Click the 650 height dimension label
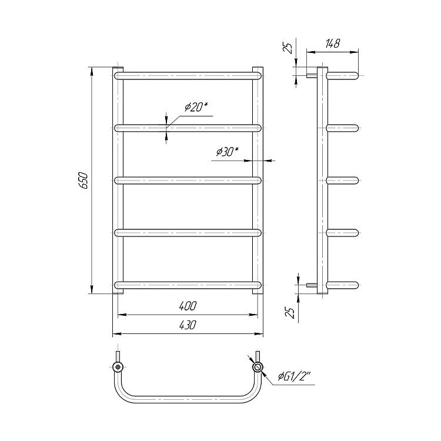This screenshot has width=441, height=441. (x=84, y=181)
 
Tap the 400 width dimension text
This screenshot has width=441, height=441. (x=188, y=306)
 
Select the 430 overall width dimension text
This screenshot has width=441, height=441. (x=188, y=325)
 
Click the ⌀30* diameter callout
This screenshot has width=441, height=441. (x=227, y=152)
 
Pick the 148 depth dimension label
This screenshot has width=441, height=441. (x=333, y=44)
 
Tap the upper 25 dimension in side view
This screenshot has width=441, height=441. (x=288, y=48)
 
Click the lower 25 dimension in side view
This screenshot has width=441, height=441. (x=290, y=312)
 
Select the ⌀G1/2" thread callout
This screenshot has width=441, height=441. (x=294, y=376)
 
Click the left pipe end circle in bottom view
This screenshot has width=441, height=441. (x=118, y=367)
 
